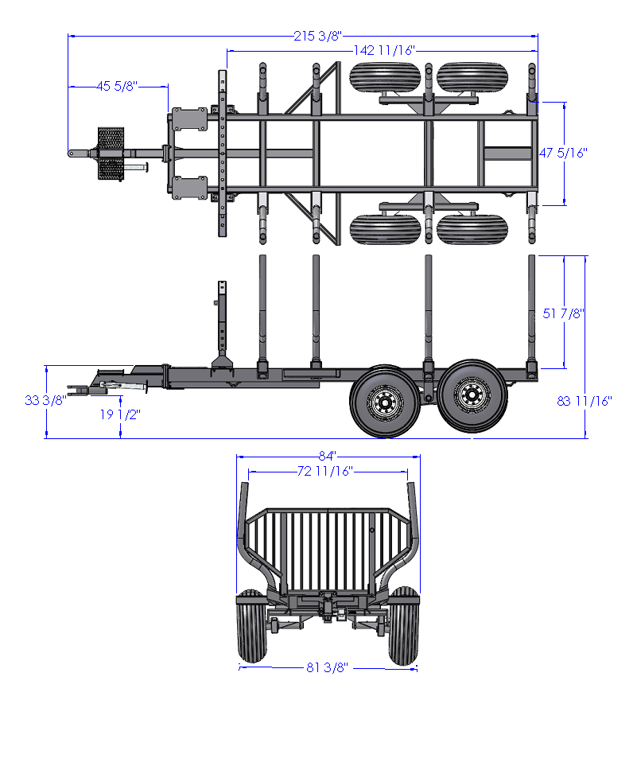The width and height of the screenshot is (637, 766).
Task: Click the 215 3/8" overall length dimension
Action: [x=317, y=36]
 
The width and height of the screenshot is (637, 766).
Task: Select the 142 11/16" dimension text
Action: [x=384, y=50]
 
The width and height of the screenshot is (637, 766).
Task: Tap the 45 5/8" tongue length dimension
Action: [x=117, y=87]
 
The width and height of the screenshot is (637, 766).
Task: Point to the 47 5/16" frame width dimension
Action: [x=563, y=153]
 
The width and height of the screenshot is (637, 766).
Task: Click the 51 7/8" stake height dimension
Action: [x=563, y=313]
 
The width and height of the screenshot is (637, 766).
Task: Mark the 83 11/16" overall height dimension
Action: [x=585, y=401]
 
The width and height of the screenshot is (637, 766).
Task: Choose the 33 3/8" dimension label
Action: [x=45, y=401]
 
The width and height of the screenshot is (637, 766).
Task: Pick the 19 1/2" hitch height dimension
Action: [x=120, y=414]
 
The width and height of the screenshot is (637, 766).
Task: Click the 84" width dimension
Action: [x=328, y=456]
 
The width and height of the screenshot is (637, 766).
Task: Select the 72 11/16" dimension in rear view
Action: [x=324, y=471]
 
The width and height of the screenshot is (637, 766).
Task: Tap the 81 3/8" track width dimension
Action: [x=327, y=667]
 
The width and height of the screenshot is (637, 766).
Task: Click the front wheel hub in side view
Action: [x=385, y=402]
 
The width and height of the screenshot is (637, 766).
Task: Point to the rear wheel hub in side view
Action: [x=472, y=395]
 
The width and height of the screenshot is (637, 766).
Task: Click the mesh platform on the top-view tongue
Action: [x=111, y=154]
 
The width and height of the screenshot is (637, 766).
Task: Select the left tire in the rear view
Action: [x=253, y=626]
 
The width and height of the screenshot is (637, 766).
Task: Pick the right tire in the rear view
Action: [x=403, y=626]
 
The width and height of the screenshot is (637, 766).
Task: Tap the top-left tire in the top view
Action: [x=385, y=77]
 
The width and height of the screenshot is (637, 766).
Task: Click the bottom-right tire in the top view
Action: [x=472, y=229]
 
